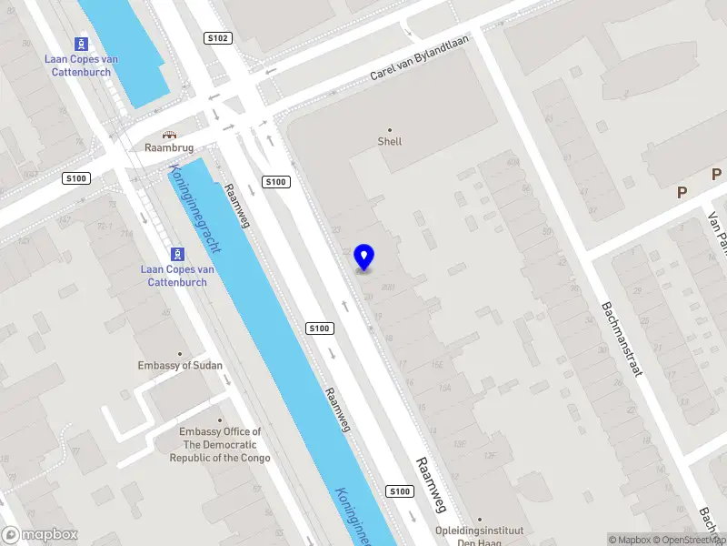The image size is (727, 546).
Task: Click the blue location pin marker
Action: (364, 258)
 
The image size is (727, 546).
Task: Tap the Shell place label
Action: (390, 142)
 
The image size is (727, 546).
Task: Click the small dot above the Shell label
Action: (390, 129)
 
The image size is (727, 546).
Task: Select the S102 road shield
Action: (218, 38)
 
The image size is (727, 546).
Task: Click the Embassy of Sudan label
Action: (180, 366)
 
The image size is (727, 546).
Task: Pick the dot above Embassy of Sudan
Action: (180, 353)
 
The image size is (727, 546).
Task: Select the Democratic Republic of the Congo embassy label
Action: (220, 445)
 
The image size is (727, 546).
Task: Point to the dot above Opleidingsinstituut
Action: (482, 518)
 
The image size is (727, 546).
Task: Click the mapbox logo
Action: (40, 535)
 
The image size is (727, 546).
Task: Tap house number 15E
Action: (437, 364)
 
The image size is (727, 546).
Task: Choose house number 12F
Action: (491, 455)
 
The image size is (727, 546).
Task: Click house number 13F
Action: (460, 443)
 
